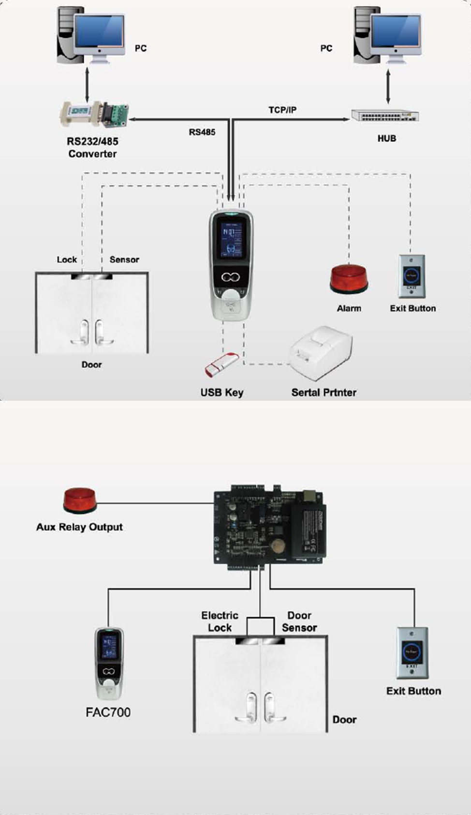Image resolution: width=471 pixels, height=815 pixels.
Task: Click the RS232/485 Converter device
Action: point(94,114)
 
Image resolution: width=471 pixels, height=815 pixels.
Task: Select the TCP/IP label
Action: point(282,110)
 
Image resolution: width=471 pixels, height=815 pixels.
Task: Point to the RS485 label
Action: point(202,132)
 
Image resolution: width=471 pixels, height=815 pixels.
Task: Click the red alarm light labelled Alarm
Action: point(349,279)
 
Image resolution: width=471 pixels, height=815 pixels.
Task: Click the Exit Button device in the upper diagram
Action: point(412,276)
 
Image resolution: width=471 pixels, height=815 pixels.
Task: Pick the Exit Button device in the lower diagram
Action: point(412,653)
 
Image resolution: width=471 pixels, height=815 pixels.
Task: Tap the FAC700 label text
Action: point(108,712)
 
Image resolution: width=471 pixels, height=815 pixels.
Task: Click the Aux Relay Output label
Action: point(79,527)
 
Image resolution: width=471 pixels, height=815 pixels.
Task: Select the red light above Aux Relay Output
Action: point(80,500)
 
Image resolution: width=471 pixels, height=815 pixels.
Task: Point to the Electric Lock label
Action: point(220,621)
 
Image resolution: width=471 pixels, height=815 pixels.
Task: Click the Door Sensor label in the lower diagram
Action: point(299,621)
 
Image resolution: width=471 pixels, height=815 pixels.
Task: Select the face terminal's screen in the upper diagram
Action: point(231,239)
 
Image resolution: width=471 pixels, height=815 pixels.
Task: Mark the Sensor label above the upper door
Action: point(124,260)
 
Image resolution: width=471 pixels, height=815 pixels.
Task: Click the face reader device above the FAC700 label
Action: point(109,663)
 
